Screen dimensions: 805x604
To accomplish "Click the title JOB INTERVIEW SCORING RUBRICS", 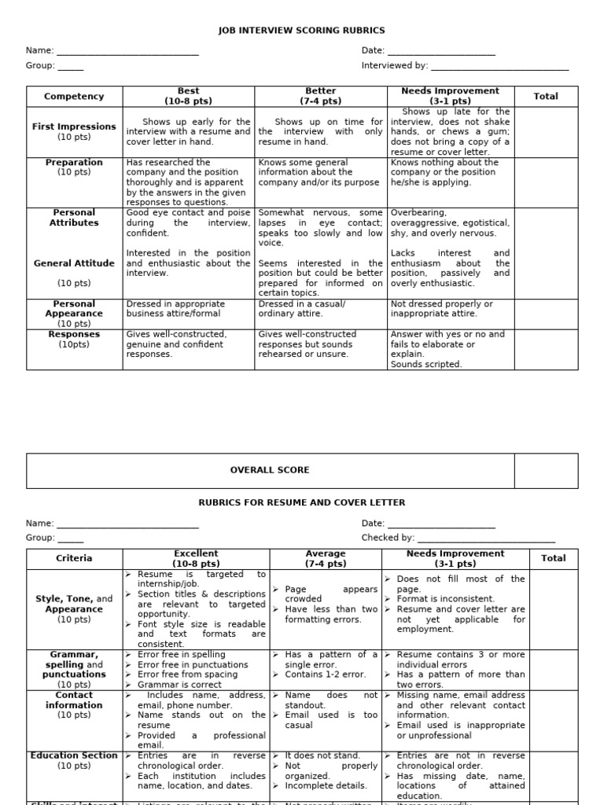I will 302,31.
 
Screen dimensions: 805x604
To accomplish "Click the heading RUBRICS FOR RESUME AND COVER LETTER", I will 302,502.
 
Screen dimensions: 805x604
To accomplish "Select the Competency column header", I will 74,97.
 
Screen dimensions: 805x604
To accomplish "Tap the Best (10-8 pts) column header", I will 189,96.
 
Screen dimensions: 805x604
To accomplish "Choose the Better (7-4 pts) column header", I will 320,96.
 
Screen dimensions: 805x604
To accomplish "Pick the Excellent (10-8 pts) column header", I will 196,558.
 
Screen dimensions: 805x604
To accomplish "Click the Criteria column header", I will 74,558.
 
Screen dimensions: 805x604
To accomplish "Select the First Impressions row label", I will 74,127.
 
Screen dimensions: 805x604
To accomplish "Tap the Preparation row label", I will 74,163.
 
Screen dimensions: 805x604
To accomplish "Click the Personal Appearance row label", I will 74,308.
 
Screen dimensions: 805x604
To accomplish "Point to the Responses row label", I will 74,334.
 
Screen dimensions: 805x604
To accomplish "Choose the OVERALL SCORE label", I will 270,470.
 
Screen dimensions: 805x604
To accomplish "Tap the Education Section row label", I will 74,756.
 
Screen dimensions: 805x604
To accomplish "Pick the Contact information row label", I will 74,700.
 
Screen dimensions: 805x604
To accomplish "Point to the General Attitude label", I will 74,263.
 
